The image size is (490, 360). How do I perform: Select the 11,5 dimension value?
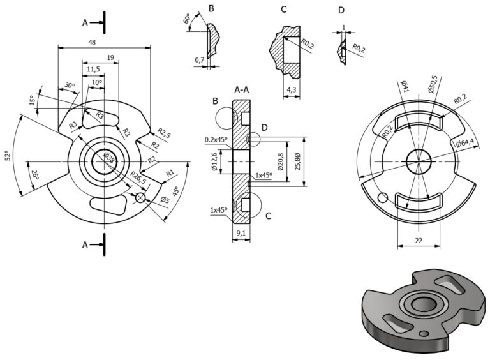point(93,69)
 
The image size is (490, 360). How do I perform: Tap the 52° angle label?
point(8,156)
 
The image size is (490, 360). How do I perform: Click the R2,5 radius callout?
point(165,132)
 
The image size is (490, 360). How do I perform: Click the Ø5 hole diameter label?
point(164,200)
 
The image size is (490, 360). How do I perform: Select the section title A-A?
point(242,90)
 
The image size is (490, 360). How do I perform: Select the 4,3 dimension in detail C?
point(292,90)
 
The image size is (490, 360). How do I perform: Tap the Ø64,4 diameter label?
point(469,144)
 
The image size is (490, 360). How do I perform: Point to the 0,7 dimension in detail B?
point(199,60)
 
